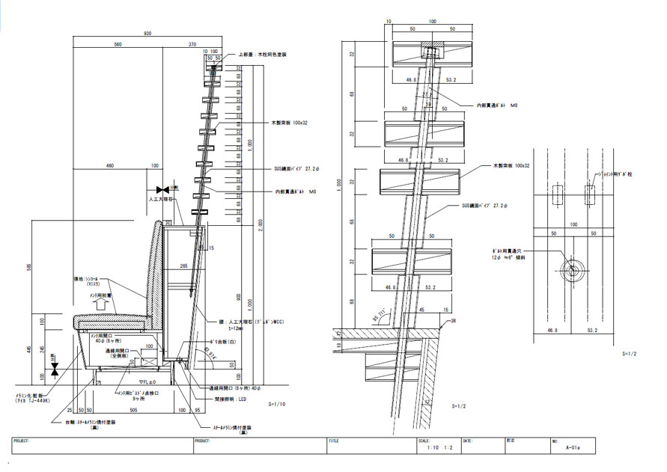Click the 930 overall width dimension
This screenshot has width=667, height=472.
click(147, 34)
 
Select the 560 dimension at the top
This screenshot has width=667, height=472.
click(118, 45)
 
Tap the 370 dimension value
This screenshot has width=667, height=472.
click(193, 45)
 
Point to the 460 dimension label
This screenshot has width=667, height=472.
click(109, 165)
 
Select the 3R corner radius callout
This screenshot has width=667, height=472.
click(449, 322)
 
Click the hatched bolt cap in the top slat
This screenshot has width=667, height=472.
click(432, 53)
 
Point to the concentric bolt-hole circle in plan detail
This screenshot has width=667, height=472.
click(572, 269)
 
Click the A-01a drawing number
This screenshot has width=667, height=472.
click(574, 448)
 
